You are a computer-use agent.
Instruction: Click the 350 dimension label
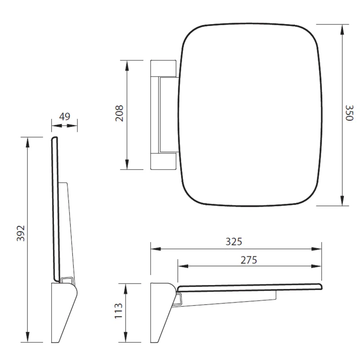349,113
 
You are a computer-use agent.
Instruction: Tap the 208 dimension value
119,113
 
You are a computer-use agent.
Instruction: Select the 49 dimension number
64,117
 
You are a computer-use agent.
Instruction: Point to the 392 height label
21,233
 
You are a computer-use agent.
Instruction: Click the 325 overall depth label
234,242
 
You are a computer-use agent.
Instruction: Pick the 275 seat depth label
249,260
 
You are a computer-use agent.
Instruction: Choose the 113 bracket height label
119,311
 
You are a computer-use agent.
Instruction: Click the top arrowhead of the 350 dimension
342,30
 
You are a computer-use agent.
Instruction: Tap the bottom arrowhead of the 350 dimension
342,201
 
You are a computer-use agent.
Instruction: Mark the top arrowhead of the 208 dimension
127,66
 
